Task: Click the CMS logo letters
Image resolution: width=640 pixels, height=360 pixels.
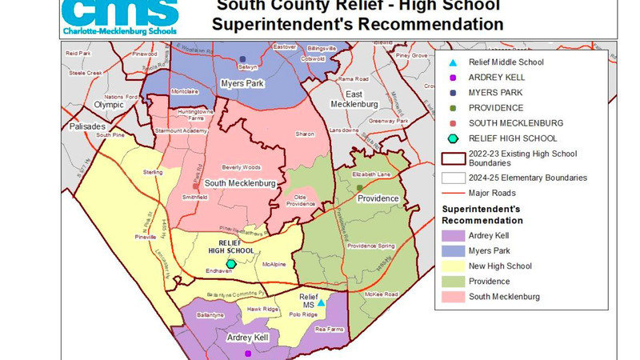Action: [120, 12]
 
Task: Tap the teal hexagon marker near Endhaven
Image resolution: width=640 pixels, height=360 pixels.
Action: [230, 263]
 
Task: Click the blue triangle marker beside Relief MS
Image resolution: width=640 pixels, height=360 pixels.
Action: [320, 303]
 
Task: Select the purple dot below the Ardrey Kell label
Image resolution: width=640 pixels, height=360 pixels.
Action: [247, 353]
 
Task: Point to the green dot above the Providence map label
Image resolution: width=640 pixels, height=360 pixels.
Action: [359, 187]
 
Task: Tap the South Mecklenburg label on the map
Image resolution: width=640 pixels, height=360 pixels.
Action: [240, 184]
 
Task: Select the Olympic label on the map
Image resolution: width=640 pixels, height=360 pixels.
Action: [110, 105]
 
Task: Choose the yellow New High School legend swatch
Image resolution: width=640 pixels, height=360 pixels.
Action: [452, 266]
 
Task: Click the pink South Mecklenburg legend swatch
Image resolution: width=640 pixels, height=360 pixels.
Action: [452, 297]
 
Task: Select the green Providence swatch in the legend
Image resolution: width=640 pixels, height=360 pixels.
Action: [452, 282]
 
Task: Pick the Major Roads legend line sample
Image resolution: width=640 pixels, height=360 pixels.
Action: [452, 193]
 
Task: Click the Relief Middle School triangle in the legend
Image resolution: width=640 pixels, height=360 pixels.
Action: [452, 62]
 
